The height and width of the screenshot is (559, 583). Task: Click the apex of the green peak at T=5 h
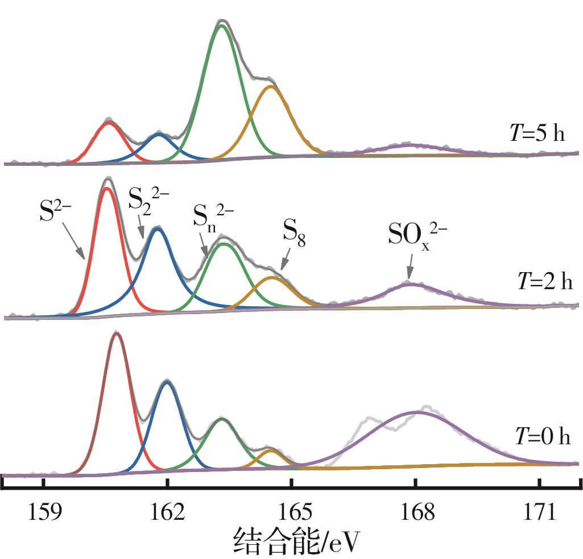222,26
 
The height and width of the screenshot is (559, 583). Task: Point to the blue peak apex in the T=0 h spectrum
167,382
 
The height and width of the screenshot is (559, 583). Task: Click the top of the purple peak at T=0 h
416,412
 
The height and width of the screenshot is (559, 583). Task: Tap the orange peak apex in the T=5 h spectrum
271,86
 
